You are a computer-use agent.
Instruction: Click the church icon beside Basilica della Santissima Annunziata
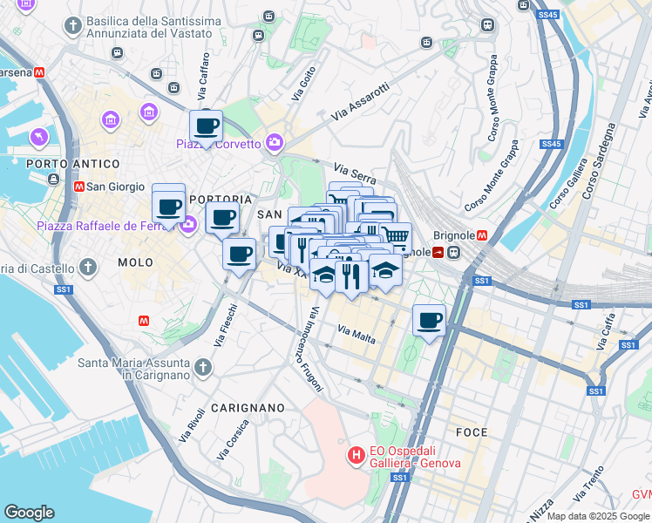pos(71,26)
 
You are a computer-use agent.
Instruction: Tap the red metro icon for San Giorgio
pos(79,186)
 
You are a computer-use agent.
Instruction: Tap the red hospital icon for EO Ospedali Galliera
pos(356,455)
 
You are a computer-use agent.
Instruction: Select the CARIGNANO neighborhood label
pos(247,407)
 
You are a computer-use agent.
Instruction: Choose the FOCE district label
pos(472,432)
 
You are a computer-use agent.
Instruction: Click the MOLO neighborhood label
pos(135,262)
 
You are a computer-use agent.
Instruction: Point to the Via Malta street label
pos(357,333)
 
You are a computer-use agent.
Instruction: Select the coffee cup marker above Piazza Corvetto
pos(206,127)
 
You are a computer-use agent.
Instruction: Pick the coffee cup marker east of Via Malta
pos(429,321)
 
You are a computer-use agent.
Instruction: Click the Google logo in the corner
pos(29,513)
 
